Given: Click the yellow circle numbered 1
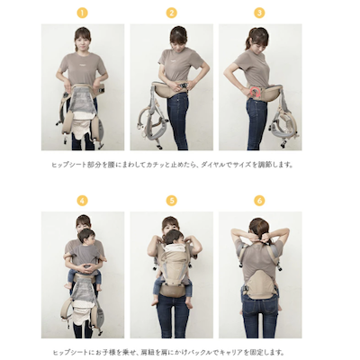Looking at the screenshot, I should click(82, 13).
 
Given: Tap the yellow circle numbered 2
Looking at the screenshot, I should click(171, 13).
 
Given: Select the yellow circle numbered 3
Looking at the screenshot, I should click(259, 13).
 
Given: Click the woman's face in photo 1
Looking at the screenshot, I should click(82, 40).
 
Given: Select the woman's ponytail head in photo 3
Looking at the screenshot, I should click(258, 39).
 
